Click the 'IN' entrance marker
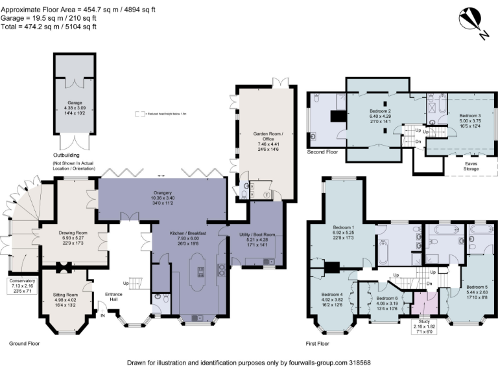(x=102, y=315)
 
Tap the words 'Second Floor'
(x=322, y=152)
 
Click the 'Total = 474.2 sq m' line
(x=49, y=27)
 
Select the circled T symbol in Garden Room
(x=268, y=194)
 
